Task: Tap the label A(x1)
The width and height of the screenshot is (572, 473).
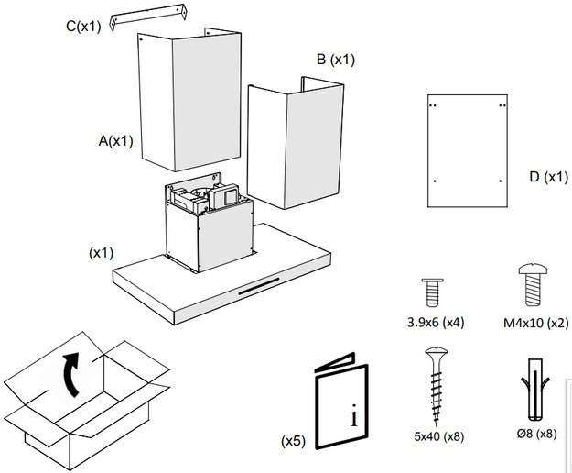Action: pyautogui.click(x=117, y=141)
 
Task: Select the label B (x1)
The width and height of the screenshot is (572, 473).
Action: pyautogui.click(x=335, y=60)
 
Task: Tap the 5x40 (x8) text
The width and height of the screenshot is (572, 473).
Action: pyautogui.click(x=437, y=434)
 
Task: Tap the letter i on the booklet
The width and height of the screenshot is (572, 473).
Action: pyautogui.click(x=353, y=418)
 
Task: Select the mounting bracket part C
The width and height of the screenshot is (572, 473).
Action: pyautogui.click(x=146, y=22)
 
